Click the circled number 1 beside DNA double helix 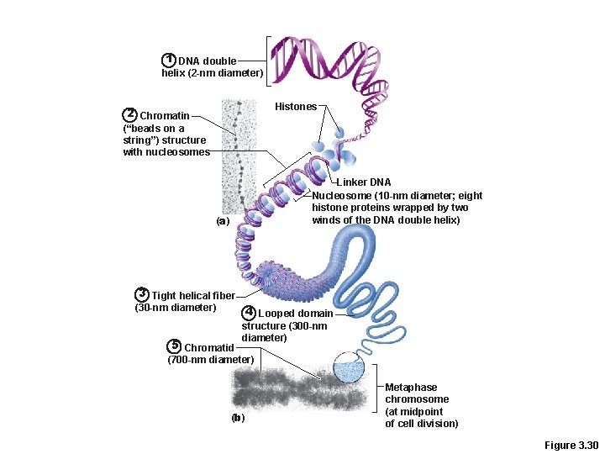(169, 60)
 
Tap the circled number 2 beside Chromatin (130, 114)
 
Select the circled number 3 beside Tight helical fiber (142, 294)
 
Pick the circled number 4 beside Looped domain (249, 313)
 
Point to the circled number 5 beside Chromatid (175, 346)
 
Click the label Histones (296, 107)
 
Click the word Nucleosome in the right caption (342, 195)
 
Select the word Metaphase (411, 388)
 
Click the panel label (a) (222, 221)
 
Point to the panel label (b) (239, 418)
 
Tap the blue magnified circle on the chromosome (350, 368)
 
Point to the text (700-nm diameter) (210, 360)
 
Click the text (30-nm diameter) (176, 307)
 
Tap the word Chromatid (210, 347)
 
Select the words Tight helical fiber (193, 295)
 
